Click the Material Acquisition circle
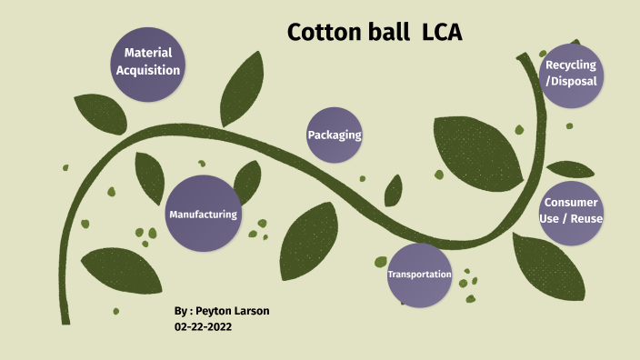coord(147,62)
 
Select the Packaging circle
coord(335,135)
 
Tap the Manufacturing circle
coord(203,214)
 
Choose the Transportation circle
coord(419,275)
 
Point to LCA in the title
coord(442,33)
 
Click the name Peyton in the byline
coord(217,311)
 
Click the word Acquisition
coord(148,70)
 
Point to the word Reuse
coord(587,218)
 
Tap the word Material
coord(148,54)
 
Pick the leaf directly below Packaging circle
coord(309,241)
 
